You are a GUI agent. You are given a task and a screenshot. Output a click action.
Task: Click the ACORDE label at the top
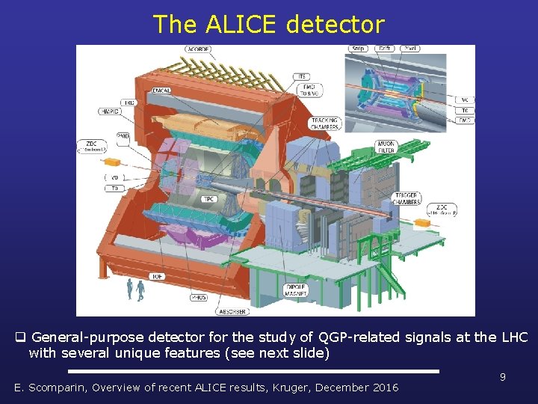199,50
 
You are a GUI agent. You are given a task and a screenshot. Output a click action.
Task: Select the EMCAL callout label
161,91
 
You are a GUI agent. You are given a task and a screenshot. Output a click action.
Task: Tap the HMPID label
109,111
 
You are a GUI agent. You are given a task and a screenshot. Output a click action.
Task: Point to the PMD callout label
123,136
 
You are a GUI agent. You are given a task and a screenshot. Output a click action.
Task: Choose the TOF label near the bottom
157,276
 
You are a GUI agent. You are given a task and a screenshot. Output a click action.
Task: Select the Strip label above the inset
357,49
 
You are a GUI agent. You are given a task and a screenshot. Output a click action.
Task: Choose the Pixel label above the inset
409,49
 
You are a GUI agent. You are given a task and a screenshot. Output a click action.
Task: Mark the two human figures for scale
135,290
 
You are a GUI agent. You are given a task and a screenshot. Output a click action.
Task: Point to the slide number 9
503,377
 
